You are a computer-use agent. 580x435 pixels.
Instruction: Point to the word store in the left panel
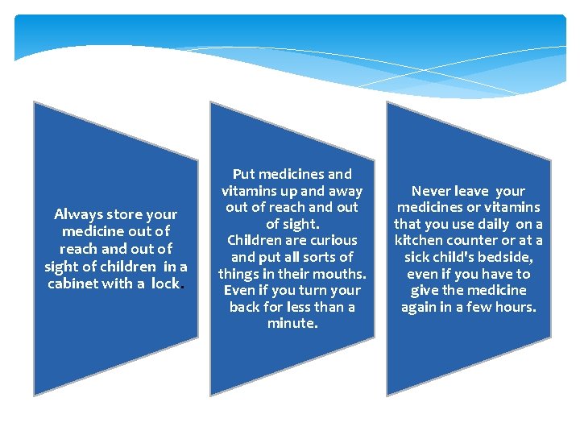[122, 214]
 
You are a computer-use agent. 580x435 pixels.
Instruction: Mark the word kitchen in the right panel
[419, 241]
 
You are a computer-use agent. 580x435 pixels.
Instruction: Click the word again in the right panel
[420, 307]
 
